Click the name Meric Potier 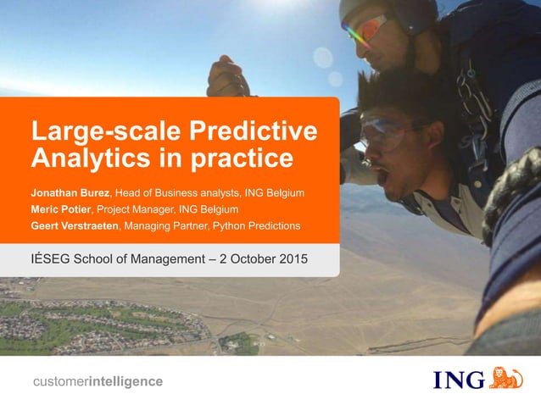click(61, 209)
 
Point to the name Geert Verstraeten click(75, 225)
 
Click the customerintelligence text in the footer click(97, 381)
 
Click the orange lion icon click(506, 378)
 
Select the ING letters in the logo click(459, 380)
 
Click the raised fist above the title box click(227, 79)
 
